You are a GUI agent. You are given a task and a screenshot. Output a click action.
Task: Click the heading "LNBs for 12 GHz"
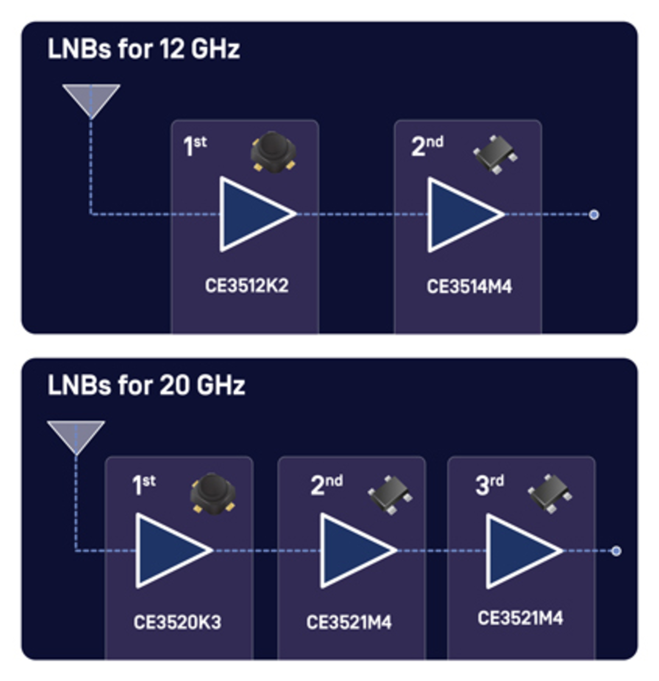(143, 49)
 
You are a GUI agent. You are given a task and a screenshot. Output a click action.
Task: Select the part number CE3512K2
(247, 286)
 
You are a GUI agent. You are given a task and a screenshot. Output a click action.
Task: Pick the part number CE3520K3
(177, 622)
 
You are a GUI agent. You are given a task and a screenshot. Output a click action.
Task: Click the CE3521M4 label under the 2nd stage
(349, 622)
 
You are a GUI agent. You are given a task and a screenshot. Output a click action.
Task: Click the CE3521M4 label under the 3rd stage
(520, 618)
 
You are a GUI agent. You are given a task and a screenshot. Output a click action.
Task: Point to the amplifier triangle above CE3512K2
(252, 214)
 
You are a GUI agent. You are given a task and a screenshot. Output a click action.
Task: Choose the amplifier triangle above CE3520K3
(169, 550)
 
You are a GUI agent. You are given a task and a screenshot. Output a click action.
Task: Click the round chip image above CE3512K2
(273, 152)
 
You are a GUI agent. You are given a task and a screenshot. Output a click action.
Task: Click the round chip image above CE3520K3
(212, 493)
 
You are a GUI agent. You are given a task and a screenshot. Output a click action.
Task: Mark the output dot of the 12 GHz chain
(594, 215)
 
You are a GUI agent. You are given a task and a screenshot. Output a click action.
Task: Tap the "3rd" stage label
(489, 485)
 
